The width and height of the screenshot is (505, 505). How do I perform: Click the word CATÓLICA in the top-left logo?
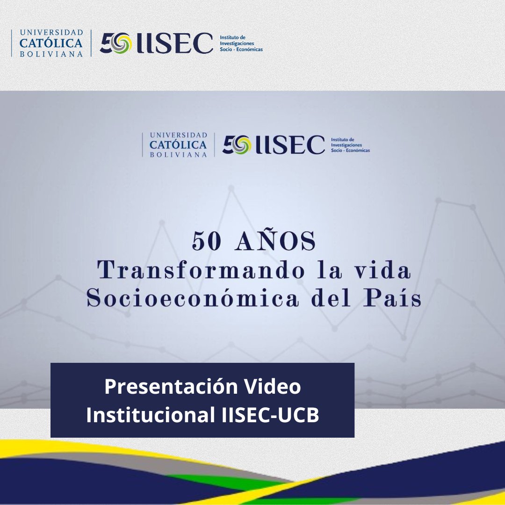pos(51,43)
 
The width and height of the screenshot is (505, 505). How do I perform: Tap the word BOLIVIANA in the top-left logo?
pos(51,53)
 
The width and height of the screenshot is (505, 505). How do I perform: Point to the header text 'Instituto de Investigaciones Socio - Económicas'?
pos(241,43)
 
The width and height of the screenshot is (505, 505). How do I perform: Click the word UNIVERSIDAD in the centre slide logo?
pos(178,136)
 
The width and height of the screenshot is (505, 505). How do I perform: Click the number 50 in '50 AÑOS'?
pos(206,242)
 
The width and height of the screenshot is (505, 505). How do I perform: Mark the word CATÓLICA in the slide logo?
pos(178,145)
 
